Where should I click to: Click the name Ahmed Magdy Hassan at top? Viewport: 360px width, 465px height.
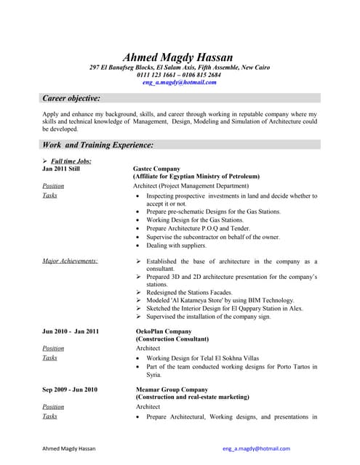(179, 57)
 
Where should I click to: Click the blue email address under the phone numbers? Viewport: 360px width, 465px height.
(179, 83)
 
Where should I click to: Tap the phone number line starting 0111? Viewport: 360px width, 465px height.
(179, 76)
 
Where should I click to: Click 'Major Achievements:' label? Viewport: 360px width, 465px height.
(70, 261)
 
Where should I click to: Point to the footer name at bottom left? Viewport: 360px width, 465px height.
(71, 449)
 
